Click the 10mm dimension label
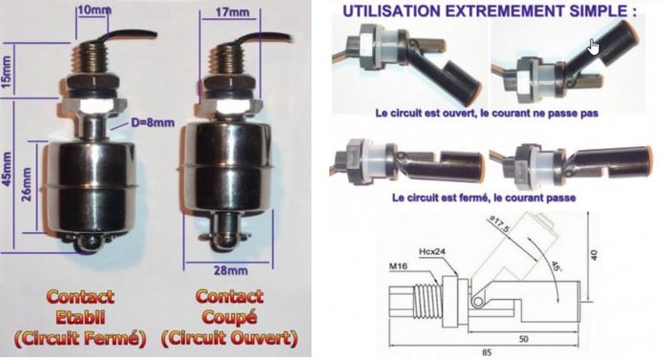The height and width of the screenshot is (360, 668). coord(94,11)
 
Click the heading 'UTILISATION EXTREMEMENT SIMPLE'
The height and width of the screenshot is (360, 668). coord(461,11)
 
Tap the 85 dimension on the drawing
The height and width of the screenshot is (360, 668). coord(487,349)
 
